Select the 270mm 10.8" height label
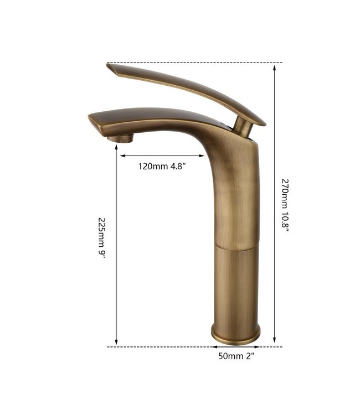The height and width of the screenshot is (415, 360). (285, 205)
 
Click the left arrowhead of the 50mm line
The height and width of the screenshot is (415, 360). (212, 347)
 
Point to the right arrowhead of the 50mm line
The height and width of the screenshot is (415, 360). (259, 347)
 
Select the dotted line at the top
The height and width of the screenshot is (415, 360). (194, 63)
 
